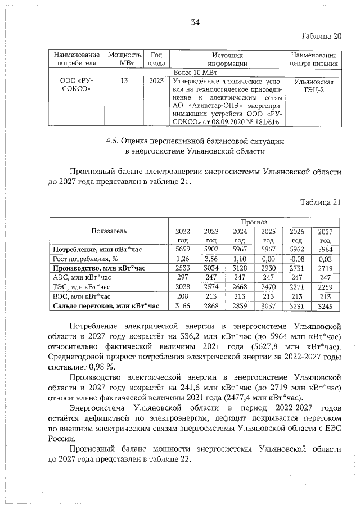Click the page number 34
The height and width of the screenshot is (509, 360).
(195, 22)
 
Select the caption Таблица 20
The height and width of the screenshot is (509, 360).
(321, 37)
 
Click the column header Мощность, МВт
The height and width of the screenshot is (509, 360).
(124, 59)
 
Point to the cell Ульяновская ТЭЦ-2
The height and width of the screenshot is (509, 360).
(314, 87)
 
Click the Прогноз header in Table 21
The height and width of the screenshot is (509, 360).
(254, 222)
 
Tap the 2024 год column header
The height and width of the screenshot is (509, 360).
(240, 236)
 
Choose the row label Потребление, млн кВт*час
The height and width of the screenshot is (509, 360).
(98, 249)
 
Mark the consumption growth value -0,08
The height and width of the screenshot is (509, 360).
(296, 259)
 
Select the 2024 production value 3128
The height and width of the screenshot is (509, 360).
(240, 268)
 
